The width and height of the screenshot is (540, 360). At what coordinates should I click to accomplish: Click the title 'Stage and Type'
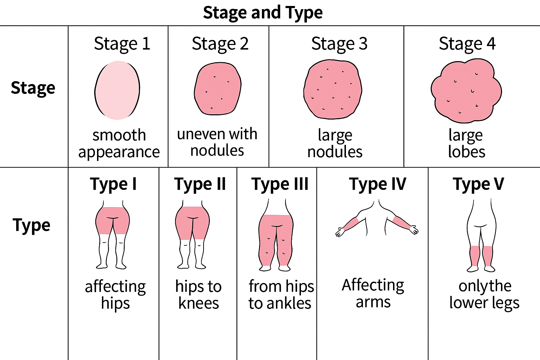(263, 13)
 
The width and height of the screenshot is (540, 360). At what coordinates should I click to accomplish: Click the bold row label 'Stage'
(33, 88)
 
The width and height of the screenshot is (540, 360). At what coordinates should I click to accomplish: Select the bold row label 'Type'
(32, 225)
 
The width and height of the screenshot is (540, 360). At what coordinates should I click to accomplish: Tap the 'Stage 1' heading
(122, 44)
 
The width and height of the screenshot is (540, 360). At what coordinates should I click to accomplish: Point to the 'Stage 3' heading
(339, 44)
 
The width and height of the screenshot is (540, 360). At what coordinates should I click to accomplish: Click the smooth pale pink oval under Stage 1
(117, 90)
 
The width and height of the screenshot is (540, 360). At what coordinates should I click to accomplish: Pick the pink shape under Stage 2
(218, 89)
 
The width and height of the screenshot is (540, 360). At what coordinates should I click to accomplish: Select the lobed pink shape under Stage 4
(466, 91)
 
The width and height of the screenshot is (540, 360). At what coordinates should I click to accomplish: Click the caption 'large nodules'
(335, 143)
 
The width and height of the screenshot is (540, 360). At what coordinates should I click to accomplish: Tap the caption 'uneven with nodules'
(217, 142)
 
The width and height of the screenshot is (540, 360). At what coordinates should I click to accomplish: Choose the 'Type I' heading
(113, 184)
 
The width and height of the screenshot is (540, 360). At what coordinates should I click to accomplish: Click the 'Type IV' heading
(378, 184)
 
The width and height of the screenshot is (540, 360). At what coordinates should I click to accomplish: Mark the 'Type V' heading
(478, 184)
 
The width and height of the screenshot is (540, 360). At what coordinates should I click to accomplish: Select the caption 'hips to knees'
(199, 295)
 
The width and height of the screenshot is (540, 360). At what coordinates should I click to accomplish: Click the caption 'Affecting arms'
(373, 293)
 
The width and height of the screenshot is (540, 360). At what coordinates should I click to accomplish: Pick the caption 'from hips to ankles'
(280, 295)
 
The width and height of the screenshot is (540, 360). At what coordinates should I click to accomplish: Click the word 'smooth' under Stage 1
(119, 135)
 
